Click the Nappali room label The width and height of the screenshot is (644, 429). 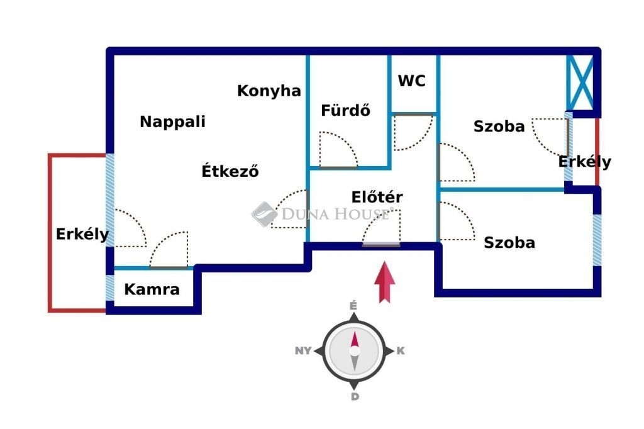[x=172, y=121]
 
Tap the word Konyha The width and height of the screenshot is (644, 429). [x=269, y=91]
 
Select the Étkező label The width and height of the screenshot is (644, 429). [x=230, y=170]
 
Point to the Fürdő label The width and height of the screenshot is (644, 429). [x=345, y=111]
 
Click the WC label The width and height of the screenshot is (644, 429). [x=412, y=81]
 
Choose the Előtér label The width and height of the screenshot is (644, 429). [x=377, y=197]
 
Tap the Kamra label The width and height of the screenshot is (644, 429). [x=152, y=290]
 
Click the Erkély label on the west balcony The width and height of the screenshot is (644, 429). [x=82, y=235]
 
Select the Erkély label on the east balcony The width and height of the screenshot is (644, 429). [x=584, y=162]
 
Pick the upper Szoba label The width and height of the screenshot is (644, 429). [x=499, y=126]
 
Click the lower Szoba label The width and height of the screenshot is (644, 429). [x=509, y=242]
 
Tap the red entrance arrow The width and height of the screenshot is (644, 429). [x=384, y=282]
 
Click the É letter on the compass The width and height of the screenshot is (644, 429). [x=353, y=306]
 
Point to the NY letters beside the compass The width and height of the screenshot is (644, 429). [x=303, y=351]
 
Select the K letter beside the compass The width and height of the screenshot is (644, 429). [x=401, y=351]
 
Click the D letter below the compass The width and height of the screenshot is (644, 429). [x=355, y=396]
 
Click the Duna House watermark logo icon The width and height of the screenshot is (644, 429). [x=265, y=213]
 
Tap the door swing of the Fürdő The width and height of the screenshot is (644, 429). [x=337, y=150]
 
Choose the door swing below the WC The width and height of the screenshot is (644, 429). [x=413, y=132]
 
